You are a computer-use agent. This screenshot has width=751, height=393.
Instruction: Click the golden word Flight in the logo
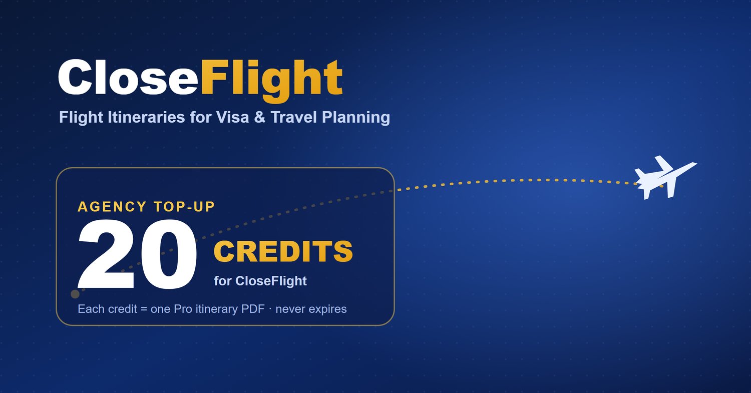271,81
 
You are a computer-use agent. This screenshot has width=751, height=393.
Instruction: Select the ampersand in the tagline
259,117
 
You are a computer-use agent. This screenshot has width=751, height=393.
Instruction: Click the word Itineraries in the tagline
146,117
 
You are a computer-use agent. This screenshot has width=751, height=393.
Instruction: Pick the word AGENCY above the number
112,207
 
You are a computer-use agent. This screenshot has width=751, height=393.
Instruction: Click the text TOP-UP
184,207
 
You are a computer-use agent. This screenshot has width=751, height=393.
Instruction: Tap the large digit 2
106,254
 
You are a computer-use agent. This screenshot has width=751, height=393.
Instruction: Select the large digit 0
169,254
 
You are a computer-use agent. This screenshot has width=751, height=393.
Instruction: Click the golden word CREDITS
283,251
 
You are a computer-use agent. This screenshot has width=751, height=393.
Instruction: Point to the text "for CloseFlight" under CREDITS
260,281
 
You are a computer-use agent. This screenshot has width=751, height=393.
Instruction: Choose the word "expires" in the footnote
327,309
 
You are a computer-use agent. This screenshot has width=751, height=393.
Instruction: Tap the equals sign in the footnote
144,309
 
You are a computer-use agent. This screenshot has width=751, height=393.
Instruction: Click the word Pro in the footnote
183,309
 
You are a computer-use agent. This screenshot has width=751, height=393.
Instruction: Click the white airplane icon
665,177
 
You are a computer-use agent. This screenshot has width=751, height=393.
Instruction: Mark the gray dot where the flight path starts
75,294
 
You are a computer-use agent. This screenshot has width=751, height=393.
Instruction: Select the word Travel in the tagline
293,117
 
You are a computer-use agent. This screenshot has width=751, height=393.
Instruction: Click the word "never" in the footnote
290,309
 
